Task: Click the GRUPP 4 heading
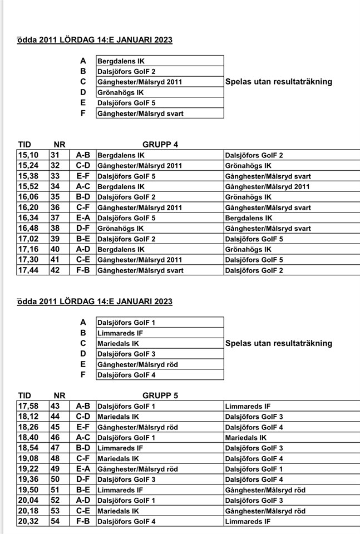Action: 160,145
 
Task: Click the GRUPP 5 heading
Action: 160,395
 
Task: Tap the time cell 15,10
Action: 29,155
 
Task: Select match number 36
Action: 55,207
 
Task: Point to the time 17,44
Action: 29,270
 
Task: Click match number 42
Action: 55,270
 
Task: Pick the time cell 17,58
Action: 29,406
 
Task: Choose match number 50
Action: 55,479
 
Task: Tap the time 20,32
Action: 29,521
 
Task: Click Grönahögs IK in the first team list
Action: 121,92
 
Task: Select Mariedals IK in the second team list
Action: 118,343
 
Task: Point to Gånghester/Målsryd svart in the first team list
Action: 140,113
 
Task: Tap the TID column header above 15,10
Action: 25,145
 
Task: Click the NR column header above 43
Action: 60,395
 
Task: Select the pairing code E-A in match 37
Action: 83,218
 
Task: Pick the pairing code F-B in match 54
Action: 83,521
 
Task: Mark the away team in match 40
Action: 248,249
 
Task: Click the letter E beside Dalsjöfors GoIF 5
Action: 83,103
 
